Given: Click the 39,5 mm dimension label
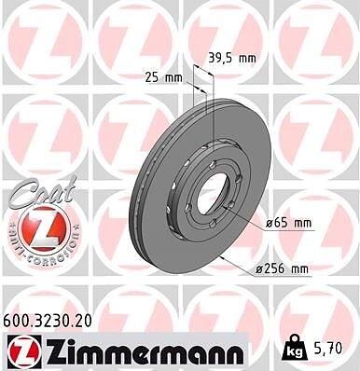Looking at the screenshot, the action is click(232, 58).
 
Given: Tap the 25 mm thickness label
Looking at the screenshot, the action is click(164, 77).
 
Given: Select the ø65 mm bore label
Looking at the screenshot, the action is click(288, 223).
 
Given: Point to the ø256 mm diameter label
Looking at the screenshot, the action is click(282, 268).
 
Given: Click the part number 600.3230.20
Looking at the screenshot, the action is click(48, 321).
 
